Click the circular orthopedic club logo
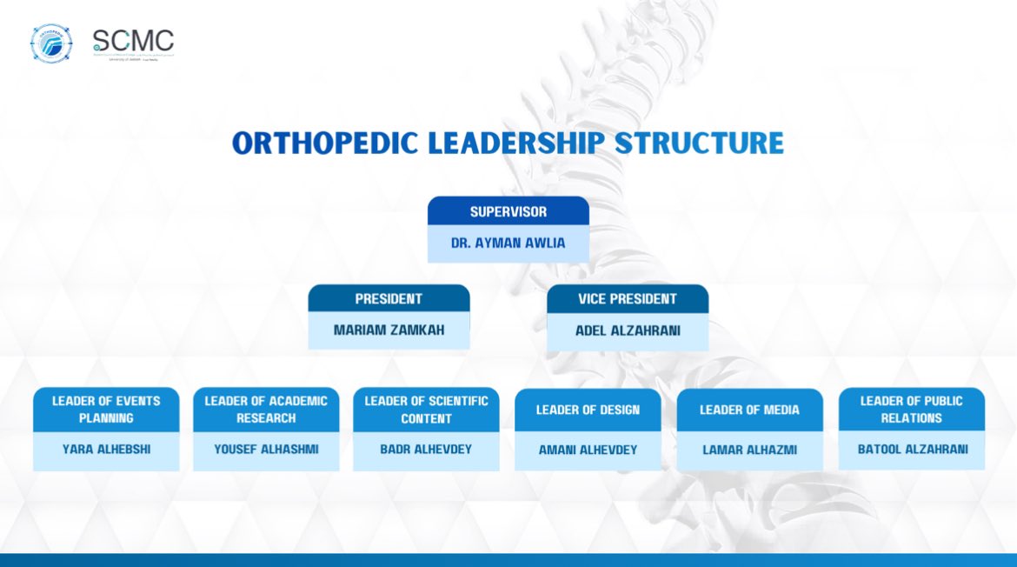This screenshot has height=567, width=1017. [x=51, y=43]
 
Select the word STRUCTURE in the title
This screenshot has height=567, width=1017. [x=699, y=143]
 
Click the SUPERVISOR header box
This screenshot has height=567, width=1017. [x=508, y=212]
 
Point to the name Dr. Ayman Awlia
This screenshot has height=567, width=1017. [x=508, y=243]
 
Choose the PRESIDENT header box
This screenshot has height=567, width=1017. [x=389, y=299]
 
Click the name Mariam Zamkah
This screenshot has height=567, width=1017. [x=389, y=330]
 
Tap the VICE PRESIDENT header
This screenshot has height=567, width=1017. [x=627, y=299]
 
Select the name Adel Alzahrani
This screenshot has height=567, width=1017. [x=627, y=330]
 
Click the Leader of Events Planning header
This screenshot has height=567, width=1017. [x=106, y=410]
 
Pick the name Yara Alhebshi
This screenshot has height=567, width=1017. [x=106, y=450]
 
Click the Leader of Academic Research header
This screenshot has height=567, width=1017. [x=266, y=410]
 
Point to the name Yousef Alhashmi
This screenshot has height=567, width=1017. [x=266, y=450]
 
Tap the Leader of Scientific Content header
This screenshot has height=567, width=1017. [x=426, y=410]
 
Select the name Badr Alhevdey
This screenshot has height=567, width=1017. [x=426, y=450]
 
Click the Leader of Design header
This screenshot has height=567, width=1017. [x=588, y=410]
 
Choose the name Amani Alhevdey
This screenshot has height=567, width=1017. [x=588, y=450]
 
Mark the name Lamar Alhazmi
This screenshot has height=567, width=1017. [x=749, y=450]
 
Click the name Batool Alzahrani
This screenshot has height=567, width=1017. [x=911, y=450]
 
